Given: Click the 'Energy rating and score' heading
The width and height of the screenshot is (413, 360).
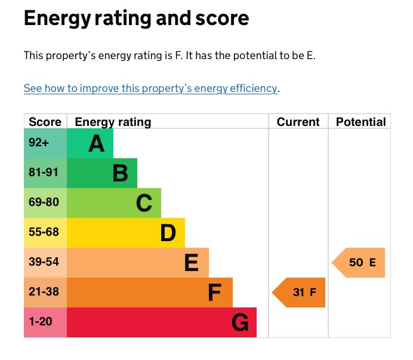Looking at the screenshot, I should (136, 19).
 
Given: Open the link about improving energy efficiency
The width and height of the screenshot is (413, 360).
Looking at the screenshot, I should (150, 88).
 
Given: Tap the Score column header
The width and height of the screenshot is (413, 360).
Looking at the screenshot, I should (45, 122).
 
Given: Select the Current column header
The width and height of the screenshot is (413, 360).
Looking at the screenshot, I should (298, 122).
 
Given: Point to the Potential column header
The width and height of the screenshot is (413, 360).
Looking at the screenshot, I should (360, 122).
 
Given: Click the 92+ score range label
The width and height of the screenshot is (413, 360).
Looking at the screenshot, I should (39, 143).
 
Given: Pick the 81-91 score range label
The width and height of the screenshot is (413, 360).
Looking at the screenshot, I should (44, 173).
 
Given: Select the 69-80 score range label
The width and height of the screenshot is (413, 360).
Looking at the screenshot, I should (44, 202).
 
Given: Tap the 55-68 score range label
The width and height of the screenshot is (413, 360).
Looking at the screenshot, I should (44, 232).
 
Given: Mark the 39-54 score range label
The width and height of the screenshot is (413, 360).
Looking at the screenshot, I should (44, 262).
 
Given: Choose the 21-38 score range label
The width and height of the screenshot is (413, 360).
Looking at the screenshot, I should (44, 292).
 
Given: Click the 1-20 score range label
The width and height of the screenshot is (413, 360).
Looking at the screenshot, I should (41, 322).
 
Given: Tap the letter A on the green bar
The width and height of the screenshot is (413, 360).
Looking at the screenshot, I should (96, 143).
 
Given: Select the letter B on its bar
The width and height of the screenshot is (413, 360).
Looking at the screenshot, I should (120, 173).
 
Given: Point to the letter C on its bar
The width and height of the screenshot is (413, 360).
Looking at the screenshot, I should (144, 203).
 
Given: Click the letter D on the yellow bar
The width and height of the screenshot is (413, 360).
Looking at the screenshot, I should (168, 233).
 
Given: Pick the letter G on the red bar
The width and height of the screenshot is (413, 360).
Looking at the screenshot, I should (239, 323).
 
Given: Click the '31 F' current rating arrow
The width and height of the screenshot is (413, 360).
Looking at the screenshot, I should (300, 293).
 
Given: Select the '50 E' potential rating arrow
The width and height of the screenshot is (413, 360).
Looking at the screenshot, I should (359, 263).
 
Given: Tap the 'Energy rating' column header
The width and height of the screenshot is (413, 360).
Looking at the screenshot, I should (113, 122).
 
